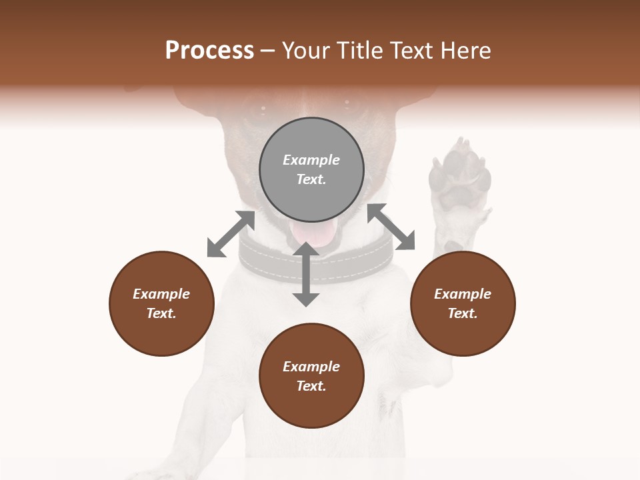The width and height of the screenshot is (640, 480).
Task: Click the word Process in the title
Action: pos(209,51)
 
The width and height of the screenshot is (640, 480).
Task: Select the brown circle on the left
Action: pos(161,303)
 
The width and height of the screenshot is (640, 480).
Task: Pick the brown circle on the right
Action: pos(463,303)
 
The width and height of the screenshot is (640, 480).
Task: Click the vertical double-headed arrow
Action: pos(306,274)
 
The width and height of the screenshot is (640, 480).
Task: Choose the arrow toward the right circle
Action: pos(391,227)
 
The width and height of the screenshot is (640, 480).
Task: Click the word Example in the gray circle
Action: pos(311,160)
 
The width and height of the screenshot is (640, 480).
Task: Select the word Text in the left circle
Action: pos(161,313)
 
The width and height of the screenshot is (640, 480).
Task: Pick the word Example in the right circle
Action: pos(463,294)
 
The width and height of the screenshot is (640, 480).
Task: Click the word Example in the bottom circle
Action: pos(311,367)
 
